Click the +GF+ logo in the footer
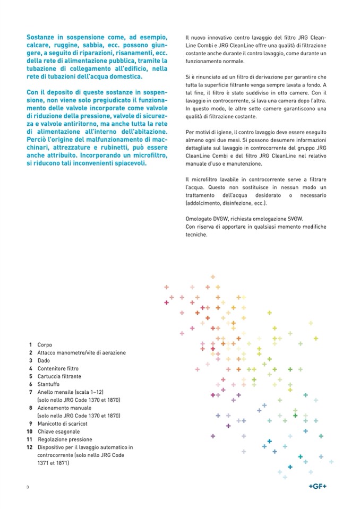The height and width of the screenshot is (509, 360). click(318, 487)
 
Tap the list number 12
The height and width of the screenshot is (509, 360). click(30, 447)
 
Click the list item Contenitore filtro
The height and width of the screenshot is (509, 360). click(58, 368)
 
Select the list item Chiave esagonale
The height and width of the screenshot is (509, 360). click(58, 432)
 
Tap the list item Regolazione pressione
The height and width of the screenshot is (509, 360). click(65, 439)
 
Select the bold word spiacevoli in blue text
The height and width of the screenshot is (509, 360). click(132, 163)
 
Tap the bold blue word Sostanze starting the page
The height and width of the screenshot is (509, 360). click(41, 39)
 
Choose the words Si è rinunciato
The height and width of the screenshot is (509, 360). click(202, 77)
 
